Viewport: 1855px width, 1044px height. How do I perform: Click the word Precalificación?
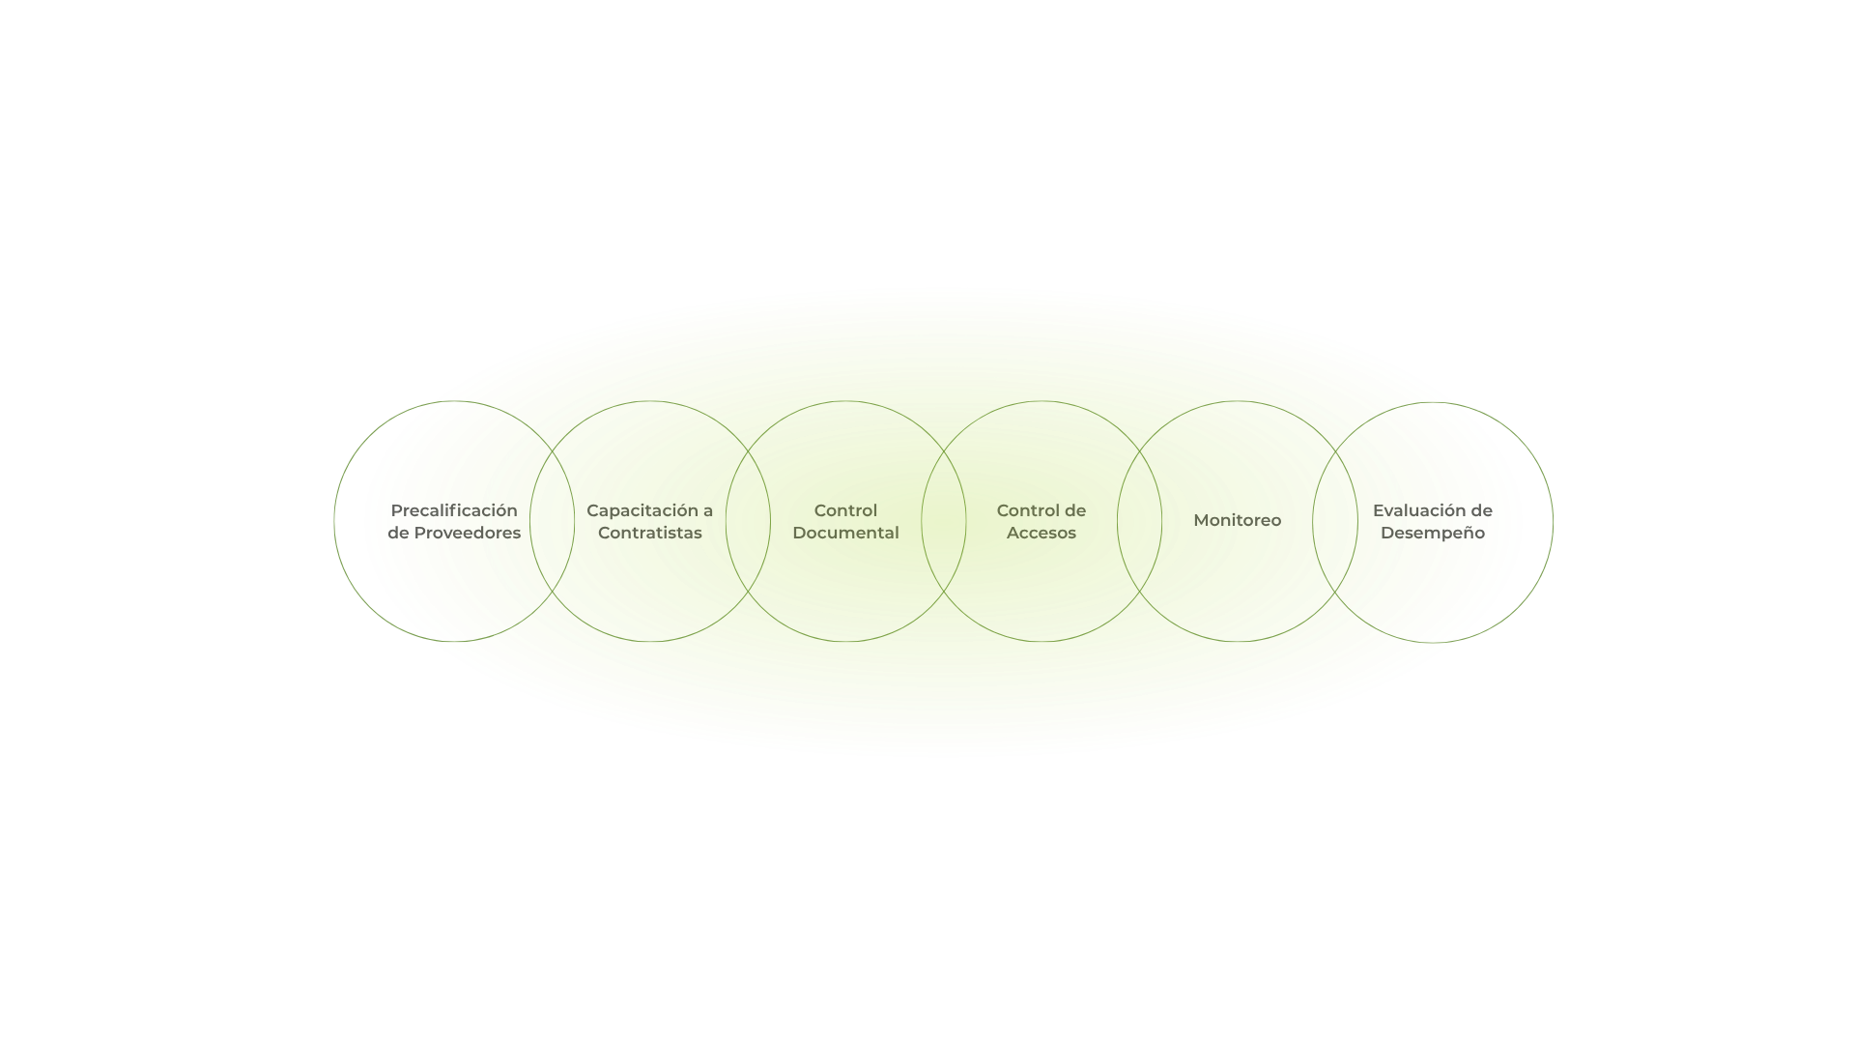(x=454, y=510)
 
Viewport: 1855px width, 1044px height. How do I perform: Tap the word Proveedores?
(x=468, y=533)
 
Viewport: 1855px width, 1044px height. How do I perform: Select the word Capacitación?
(x=642, y=510)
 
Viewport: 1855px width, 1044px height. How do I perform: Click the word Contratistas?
(x=649, y=533)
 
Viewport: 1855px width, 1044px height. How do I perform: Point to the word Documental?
(x=845, y=533)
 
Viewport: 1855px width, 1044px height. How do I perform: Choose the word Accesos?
(x=1041, y=533)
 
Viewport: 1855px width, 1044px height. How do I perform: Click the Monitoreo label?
(x=1237, y=520)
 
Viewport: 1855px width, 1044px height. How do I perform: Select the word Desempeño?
(x=1432, y=533)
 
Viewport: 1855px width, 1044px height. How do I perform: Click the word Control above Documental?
(x=845, y=510)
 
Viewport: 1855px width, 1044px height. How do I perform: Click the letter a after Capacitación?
(x=708, y=510)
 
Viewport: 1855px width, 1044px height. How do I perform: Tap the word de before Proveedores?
(x=398, y=533)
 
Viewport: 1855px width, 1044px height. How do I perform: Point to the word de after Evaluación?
(x=1482, y=510)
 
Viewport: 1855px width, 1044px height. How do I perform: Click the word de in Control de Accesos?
(x=1074, y=510)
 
